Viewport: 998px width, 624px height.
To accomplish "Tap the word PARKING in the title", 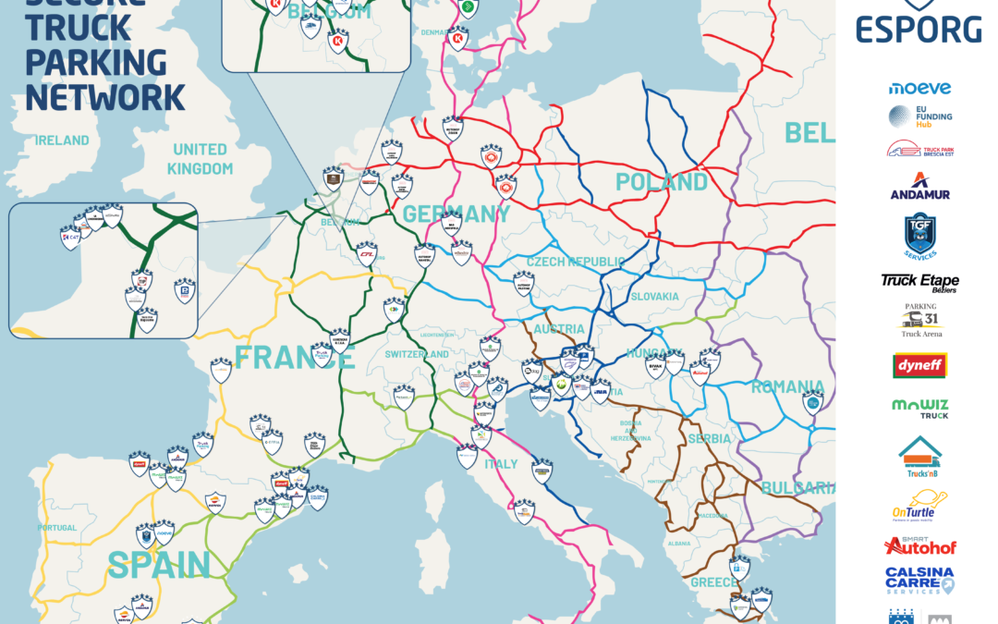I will click(x=96, y=62).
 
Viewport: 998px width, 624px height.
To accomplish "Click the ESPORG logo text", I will click(x=918, y=29).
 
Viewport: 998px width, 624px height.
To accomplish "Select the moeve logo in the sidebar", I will click(x=919, y=88).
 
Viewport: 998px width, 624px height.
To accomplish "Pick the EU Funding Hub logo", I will click(x=919, y=116).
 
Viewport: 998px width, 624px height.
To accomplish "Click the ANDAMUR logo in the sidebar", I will click(x=919, y=187).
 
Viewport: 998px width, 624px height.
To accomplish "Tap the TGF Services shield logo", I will click(x=919, y=236).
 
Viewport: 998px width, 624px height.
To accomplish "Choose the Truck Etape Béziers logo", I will click(x=919, y=283).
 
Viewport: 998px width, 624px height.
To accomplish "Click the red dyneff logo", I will click(x=919, y=366).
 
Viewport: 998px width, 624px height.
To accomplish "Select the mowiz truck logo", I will click(x=919, y=409).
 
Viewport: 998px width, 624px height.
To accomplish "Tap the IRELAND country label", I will click(x=63, y=141).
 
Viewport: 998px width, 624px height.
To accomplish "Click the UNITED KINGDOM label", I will click(x=200, y=159).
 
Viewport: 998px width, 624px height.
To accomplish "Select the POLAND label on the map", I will click(x=662, y=181).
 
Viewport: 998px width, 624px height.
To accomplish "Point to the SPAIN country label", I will click(x=158, y=564).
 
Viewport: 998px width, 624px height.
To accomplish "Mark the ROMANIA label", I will click(x=786, y=386).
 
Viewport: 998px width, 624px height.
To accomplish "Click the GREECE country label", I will click(x=714, y=582).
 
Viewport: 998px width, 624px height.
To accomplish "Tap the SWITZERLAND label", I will click(x=417, y=354).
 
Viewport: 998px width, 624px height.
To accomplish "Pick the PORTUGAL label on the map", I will click(x=57, y=528).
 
